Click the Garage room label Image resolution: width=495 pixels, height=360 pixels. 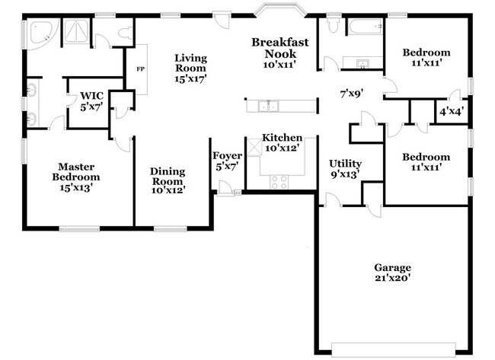point(392,267)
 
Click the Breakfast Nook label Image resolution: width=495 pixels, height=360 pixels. point(280,48)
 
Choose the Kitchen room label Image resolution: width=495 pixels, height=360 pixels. point(282,138)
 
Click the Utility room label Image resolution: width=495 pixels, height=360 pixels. point(345,164)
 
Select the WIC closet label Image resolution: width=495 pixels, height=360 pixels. point(91,96)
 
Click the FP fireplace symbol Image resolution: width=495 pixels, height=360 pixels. point(140,69)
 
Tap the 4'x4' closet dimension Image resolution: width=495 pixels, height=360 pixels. point(452,111)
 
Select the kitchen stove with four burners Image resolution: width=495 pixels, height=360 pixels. point(279,181)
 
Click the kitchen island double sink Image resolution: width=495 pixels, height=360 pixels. point(268,106)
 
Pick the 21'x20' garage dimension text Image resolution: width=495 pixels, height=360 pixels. point(392,279)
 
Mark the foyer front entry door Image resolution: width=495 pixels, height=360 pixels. point(226,188)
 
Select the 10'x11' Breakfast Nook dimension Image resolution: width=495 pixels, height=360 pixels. point(280,65)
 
